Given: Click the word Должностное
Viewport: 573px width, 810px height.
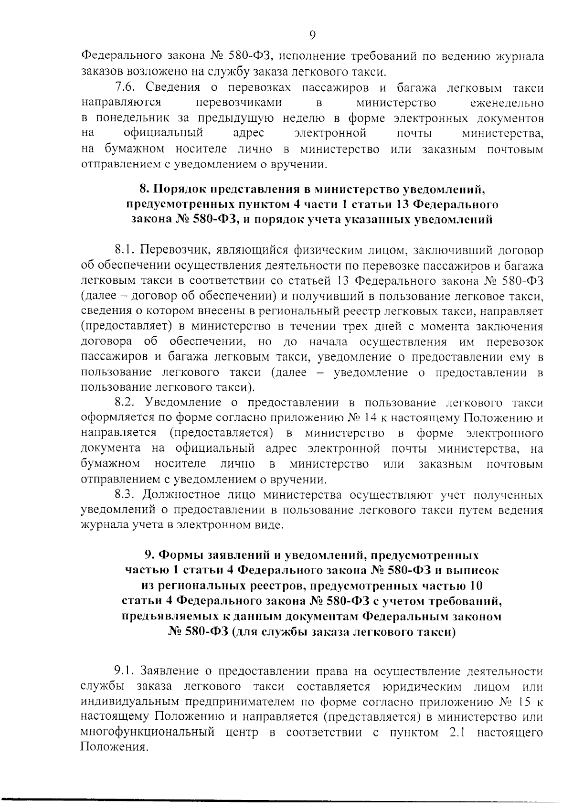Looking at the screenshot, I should point(189,494).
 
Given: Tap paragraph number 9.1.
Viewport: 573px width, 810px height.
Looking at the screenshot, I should point(125,671).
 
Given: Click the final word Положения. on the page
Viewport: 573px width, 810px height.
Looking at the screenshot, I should point(113,748).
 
